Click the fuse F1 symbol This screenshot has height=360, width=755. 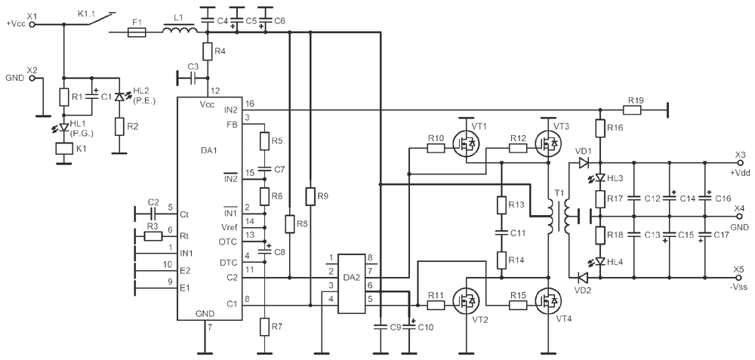point(137,32)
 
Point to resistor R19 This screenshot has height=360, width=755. point(632,110)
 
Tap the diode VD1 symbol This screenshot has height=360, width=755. point(583,162)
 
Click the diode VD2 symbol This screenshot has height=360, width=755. point(582,278)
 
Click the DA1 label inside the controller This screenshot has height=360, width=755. point(209,151)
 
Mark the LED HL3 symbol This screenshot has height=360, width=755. point(600,178)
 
